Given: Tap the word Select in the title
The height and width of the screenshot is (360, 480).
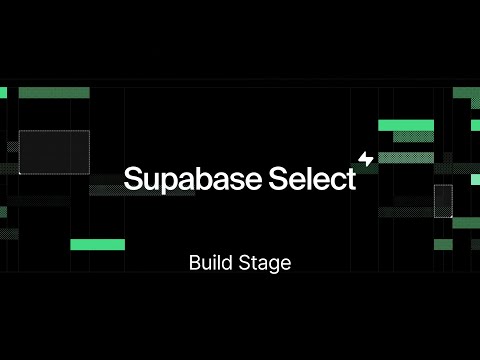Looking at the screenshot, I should click(312, 179).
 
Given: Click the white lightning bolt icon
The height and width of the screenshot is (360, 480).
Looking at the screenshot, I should click(365, 158).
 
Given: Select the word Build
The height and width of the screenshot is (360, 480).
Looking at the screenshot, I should click(207, 264).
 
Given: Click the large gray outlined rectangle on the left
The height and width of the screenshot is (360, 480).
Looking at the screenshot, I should click(54, 152).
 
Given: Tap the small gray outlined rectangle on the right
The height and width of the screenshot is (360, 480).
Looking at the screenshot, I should click(443, 200).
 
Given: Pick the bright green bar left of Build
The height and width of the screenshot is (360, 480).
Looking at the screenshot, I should click(97, 245).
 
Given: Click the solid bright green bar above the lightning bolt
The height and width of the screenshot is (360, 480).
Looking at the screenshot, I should click(405, 125).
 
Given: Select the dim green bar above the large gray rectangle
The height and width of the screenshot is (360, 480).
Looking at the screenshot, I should click(54, 93).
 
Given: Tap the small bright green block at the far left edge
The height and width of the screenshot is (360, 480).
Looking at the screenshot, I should click(3, 93).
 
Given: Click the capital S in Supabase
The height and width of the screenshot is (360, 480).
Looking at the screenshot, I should click(133, 179).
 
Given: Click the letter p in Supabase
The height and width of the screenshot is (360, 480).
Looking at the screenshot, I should click(171, 182).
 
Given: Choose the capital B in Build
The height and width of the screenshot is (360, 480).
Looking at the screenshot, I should click(194, 264).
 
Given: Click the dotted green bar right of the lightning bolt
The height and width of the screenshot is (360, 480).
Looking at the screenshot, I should click(405, 157).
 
